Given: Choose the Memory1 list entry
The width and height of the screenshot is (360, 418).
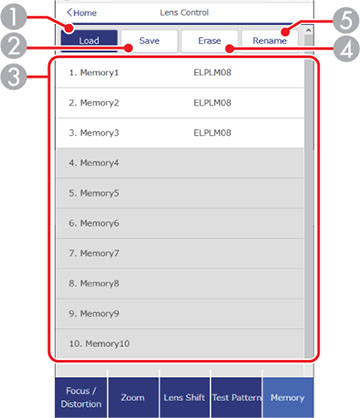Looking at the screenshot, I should pyautogui.click(x=180, y=74).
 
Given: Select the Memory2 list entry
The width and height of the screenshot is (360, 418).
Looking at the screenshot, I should pyautogui.click(x=180, y=102).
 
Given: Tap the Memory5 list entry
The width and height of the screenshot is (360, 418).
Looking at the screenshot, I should pyautogui.click(x=180, y=193).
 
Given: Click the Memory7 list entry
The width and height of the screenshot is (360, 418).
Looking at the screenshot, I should pyautogui.click(x=180, y=254).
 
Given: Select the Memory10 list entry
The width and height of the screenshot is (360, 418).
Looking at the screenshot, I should pyautogui.click(x=180, y=343).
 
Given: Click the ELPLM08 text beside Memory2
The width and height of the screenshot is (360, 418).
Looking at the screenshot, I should pyautogui.click(x=213, y=102).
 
